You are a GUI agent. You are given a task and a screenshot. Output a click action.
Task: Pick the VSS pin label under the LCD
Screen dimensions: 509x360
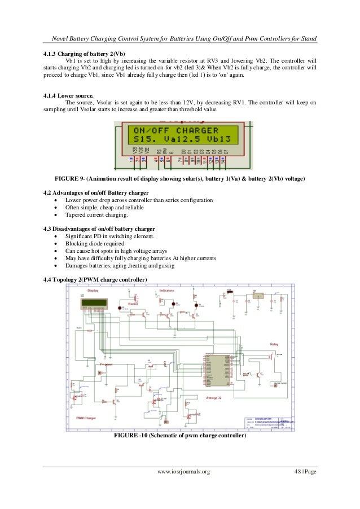pyautogui.click(x=134, y=152)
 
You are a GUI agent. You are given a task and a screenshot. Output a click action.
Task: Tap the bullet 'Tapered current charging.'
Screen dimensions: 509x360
pyautogui.click(x=97, y=215)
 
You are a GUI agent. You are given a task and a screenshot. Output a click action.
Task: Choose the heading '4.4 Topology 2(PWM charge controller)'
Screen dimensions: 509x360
pyautogui.click(x=95, y=280)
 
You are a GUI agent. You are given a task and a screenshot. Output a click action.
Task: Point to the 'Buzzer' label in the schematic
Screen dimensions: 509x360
pyautogui.click(x=134, y=304)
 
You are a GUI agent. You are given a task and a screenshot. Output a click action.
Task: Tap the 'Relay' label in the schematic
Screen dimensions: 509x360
pyautogui.click(x=274, y=344)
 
